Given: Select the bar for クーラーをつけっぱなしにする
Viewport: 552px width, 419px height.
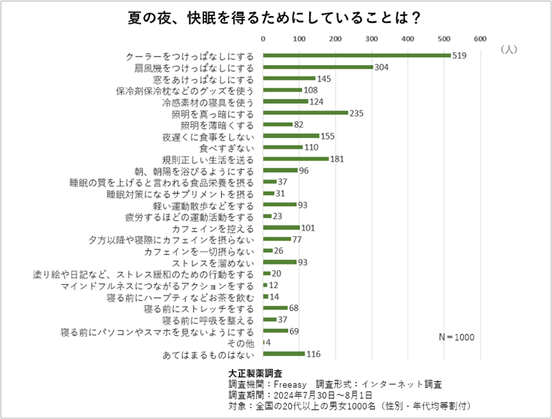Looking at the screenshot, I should click(x=357, y=56).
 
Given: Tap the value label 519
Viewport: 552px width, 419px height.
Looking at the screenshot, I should click(x=459, y=56).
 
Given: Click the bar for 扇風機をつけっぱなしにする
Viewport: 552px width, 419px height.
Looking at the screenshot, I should click(x=318, y=67).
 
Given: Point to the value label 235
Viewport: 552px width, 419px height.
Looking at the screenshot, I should click(x=357, y=113).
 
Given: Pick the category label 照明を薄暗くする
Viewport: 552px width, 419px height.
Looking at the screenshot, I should click(x=217, y=124).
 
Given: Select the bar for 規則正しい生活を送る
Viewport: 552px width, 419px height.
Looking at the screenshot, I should click(x=296, y=159).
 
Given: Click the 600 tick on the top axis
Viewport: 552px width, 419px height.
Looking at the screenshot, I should click(x=480, y=38).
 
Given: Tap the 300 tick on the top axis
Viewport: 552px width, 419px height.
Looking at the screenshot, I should click(x=372, y=38).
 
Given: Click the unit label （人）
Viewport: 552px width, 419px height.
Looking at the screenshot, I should click(x=508, y=49).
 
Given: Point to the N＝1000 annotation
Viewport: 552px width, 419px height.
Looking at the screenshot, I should click(x=456, y=337).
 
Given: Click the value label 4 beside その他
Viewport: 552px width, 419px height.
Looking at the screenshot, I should click(x=268, y=343).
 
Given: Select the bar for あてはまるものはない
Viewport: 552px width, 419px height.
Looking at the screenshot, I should click(x=284, y=354).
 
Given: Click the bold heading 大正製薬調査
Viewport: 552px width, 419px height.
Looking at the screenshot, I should click(x=255, y=374).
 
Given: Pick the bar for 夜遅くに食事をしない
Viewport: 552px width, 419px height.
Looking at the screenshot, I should click(x=292, y=136).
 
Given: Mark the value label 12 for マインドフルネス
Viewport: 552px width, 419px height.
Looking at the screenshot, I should click(x=273, y=285).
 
